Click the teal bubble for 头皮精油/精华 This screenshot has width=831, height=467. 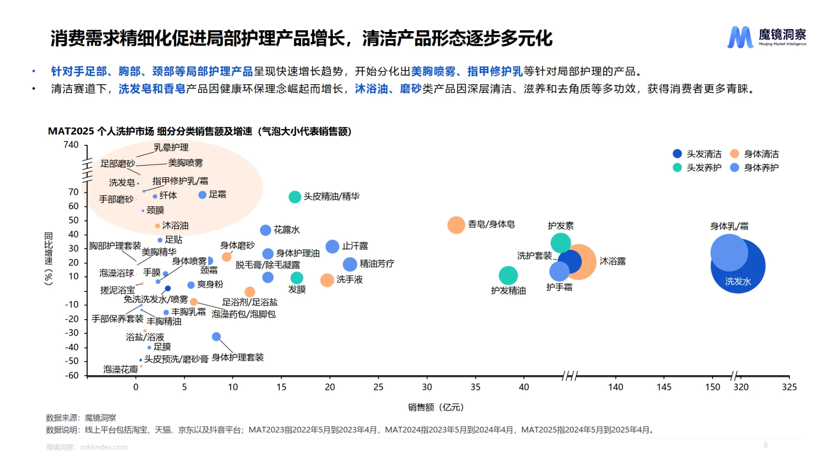[x=295, y=197]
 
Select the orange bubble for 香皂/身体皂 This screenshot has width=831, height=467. [x=456, y=225]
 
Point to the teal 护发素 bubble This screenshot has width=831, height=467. [x=560, y=243]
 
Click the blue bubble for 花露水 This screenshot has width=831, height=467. [x=265, y=230]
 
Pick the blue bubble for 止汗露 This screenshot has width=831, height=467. [x=332, y=246]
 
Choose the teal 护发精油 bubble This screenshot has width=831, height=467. [x=508, y=275]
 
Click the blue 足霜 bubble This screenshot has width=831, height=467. [x=202, y=195]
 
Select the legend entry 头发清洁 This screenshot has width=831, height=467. [x=697, y=154]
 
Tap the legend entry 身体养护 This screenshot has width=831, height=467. [x=754, y=167]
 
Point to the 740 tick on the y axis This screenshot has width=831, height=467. [x=71, y=145]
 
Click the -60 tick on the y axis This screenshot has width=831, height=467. [x=72, y=375]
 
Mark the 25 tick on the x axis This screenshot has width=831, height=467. [x=378, y=387]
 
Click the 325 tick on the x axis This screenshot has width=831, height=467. [x=789, y=387]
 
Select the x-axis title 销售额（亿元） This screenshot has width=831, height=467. [x=436, y=407]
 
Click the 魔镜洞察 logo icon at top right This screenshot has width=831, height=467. [x=740, y=37]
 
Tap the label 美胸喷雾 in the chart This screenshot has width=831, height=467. [x=185, y=163]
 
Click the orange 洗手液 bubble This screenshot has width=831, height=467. [x=327, y=280]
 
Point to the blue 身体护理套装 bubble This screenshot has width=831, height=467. [x=216, y=336]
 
